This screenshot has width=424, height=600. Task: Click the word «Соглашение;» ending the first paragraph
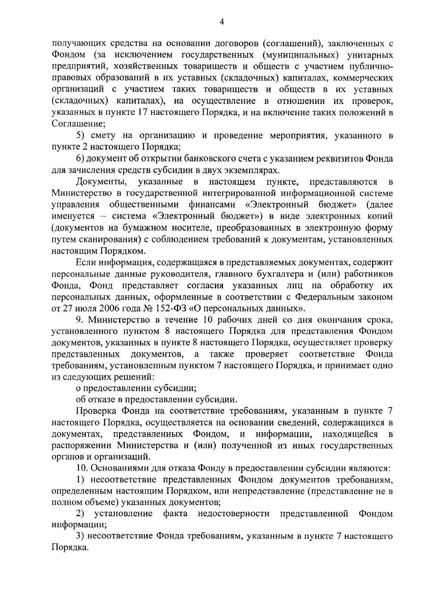point(78,124)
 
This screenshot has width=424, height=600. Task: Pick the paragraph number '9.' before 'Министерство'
point(79,320)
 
